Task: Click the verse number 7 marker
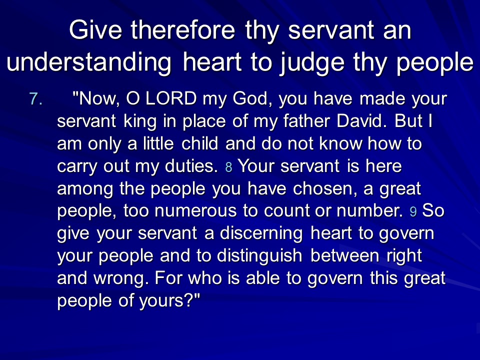point(36,99)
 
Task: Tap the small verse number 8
point(228,167)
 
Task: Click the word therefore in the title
point(183,30)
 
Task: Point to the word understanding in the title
point(89,62)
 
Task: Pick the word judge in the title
point(311,63)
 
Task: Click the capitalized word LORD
point(171,98)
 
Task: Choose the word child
point(199,143)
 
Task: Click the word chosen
point(325,188)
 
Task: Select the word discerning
point(261,234)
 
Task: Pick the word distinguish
point(259,256)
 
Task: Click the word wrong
point(121,279)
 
